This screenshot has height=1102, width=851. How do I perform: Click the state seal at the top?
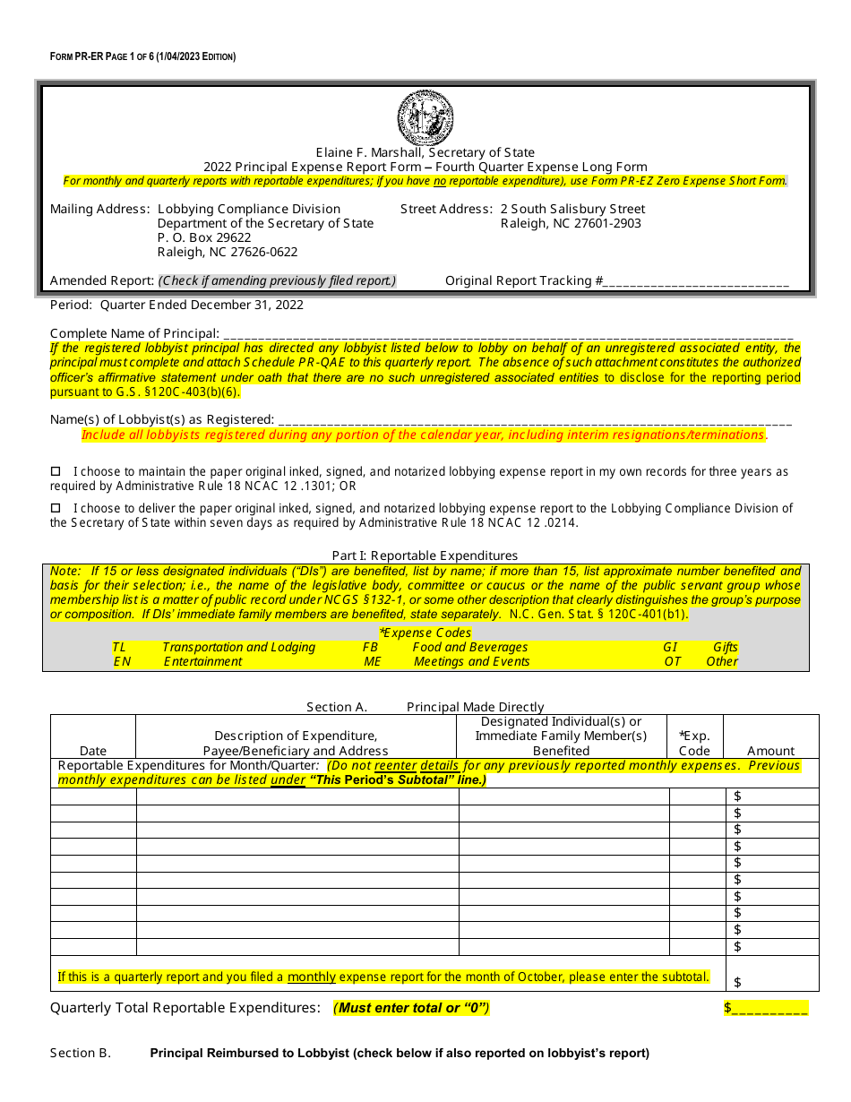(425, 118)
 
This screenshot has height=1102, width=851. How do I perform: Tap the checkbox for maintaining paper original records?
(56, 471)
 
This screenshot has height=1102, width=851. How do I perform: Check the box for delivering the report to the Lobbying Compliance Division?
(56, 508)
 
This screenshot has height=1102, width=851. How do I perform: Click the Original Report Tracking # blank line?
(696, 281)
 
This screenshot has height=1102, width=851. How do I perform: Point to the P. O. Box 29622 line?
(204, 237)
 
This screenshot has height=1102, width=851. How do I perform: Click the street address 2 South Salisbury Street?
(572, 209)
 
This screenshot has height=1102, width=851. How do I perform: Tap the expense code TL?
(120, 647)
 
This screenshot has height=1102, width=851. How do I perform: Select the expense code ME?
(373, 661)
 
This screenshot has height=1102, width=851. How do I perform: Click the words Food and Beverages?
(470, 647)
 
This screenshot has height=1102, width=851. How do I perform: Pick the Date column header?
(93, 751)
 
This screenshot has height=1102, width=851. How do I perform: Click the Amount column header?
(770, 751)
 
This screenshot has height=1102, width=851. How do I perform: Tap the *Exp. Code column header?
(695, 744)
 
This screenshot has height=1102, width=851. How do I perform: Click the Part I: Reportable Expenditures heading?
(425, 555)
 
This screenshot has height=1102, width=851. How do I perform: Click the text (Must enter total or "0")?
(411, 1008)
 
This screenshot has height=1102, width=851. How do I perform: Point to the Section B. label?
(81, 1053)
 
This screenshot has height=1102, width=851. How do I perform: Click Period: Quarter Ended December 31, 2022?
(176, 305)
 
